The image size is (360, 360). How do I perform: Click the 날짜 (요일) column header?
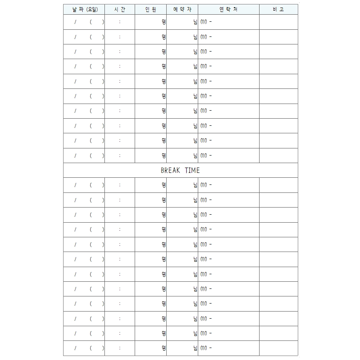[x=84, y=9]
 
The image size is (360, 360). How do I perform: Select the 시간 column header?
[x=120, y=9]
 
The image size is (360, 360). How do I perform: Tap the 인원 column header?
[x=151, y=9]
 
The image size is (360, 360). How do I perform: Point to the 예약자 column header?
[x=182, y=9]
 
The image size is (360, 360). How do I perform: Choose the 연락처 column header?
[x=228, y=9]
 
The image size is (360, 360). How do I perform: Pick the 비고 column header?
[x=278, y=9]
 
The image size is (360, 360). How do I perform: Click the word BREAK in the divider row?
[x=170, y=170]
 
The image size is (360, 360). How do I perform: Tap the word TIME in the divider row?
[x=192, y=170]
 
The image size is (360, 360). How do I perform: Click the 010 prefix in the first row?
[x=204, y=22]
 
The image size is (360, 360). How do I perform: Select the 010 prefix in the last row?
[x=204, y=348]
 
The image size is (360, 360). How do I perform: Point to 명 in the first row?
[x=164, y=22]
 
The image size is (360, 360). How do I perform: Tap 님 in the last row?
[x=195, y=348]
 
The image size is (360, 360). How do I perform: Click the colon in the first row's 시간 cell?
[x=120, y=22]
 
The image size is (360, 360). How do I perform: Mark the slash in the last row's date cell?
[x=75, y=348]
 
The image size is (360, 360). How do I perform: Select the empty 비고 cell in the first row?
[x=278, y=22]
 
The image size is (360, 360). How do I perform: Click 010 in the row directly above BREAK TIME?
[x=204, y=156]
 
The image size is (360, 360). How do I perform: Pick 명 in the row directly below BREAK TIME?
[x=164, y=185]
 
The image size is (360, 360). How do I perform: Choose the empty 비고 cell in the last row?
[x=278, y=348]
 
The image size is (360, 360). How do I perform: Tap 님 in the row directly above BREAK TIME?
[x=195, y=156]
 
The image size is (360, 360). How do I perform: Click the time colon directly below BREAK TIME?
[x=120, y=185]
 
